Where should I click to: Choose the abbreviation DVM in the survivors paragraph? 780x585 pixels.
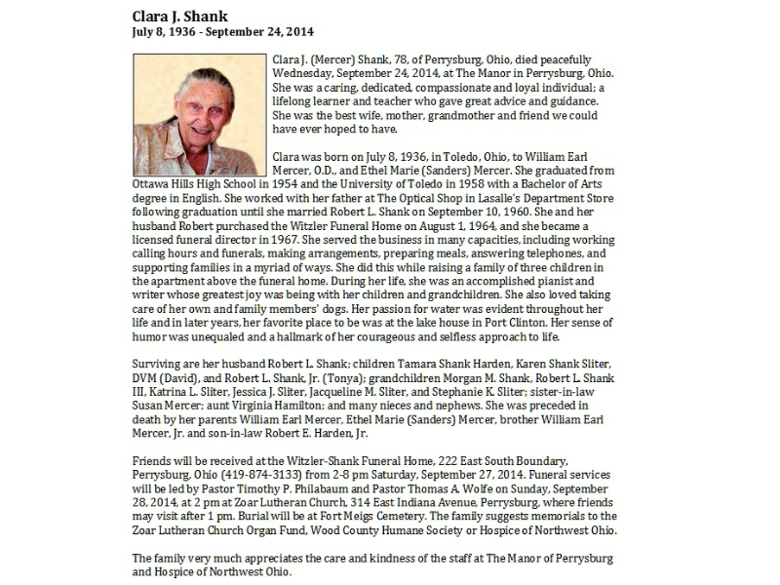[147, 378]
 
